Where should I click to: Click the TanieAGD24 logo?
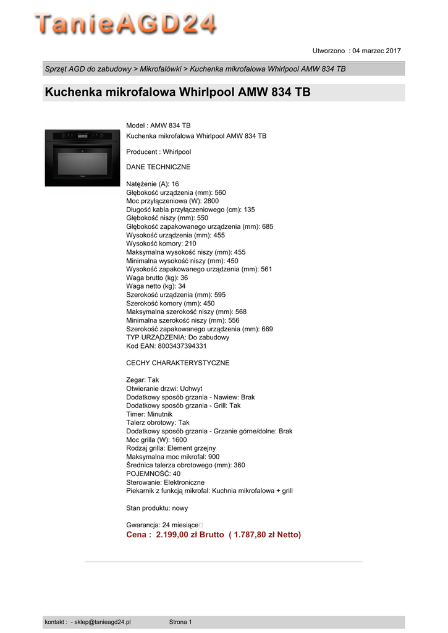[x=125, y=25]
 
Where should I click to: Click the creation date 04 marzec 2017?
[x=376, y=50]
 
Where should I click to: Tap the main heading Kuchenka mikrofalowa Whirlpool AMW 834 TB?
[x=177, y=93]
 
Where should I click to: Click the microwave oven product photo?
[x=82, y=158]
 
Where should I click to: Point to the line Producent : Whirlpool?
[x=159, y=151]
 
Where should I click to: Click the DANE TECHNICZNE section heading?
[x=158, y=167]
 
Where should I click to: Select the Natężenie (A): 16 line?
[x=153, y=184]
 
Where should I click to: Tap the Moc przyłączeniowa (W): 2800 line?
[x=172, y=201]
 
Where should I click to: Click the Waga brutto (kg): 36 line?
[x=157, y=278]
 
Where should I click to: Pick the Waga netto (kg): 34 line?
[x=156, y=286]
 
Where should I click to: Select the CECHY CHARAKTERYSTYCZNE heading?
[x=177, y=363]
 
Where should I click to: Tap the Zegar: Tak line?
[x=143, y=380]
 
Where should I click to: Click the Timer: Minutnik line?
[x=150, y=414]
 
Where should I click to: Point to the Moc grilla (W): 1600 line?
[x=156, y=440]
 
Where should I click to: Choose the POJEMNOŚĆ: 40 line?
[x=153, y=474]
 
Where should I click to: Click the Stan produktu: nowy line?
[x=157, y=508]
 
